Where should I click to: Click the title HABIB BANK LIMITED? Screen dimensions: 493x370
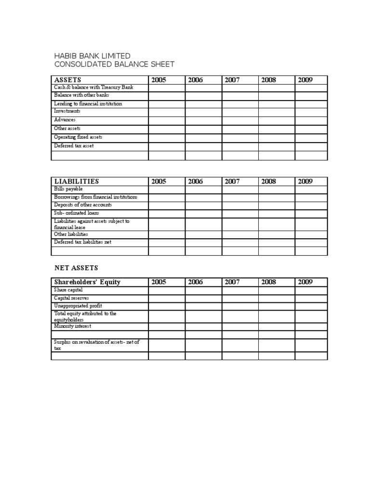point(92,56)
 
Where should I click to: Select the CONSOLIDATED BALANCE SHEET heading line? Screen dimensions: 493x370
point(114,65)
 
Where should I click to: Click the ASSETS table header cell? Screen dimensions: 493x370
point(68,80)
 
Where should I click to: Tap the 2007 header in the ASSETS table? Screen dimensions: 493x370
point(232,80)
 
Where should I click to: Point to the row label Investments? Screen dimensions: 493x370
point(67,111)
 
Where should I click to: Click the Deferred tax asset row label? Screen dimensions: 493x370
point(74,146)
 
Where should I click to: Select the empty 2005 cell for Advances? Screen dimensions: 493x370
point(167,120)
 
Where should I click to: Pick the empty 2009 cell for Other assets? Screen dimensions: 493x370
point(311,129)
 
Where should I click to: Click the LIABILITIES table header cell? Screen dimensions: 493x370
point(77,182)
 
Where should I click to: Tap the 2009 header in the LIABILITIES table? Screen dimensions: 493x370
point(305,182)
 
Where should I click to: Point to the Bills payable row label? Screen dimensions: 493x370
point(69,189)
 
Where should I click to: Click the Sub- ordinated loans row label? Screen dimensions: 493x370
point(77,213)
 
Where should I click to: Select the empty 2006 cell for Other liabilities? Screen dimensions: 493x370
point(203,234)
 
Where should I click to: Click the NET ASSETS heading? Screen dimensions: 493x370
point(76,268)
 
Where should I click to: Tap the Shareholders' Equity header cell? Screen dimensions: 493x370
point(88,282)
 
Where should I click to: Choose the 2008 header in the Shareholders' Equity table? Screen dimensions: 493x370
point(269,282)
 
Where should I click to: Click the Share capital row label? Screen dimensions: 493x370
point(68,290)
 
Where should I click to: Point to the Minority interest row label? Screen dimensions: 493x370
point(73,326)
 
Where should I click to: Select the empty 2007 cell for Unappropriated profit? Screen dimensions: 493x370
point(240,306)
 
